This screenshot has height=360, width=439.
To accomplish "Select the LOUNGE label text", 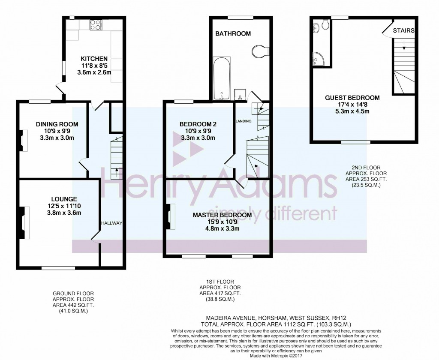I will click(64, 199).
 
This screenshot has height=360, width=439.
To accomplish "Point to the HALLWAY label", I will click(112, 223).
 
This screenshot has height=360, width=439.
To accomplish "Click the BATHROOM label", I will click(233, 33).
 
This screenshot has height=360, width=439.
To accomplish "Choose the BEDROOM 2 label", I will click(198, 124).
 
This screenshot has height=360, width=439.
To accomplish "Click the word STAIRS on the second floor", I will click(403, 30).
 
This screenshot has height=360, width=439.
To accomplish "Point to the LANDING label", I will click(244, 121).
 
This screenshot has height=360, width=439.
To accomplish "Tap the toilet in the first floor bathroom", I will click(260, 51).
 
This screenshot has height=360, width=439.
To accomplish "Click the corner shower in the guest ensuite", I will click(318, 58).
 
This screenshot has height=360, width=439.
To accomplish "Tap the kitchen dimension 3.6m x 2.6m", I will click(94, 72).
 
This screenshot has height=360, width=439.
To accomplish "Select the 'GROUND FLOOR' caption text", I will click(73, 294).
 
